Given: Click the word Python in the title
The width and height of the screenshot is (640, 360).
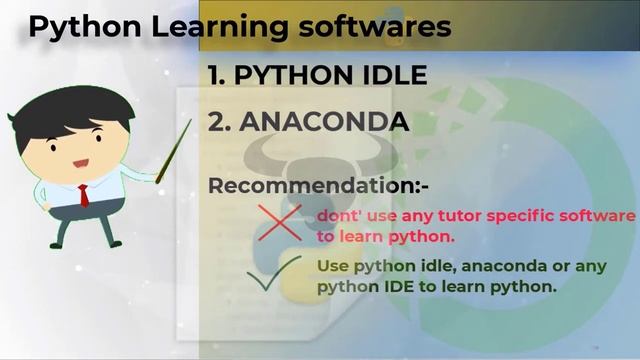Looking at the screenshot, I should point(75,28).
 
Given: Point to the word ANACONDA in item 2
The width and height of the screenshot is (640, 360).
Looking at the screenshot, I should point(325,123).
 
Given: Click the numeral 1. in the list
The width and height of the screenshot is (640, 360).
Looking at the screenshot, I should point(221,75).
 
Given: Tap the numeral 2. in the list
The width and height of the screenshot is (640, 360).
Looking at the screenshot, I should point(221,123).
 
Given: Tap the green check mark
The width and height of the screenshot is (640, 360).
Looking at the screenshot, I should point(275,274).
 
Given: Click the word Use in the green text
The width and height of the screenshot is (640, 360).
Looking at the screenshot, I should point(333,267).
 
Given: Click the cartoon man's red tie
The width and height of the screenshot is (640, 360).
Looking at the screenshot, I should point(83,194).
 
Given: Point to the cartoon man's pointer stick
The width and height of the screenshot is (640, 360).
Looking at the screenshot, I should point(173,150).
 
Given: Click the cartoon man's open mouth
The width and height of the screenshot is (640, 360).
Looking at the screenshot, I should point(80,163).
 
